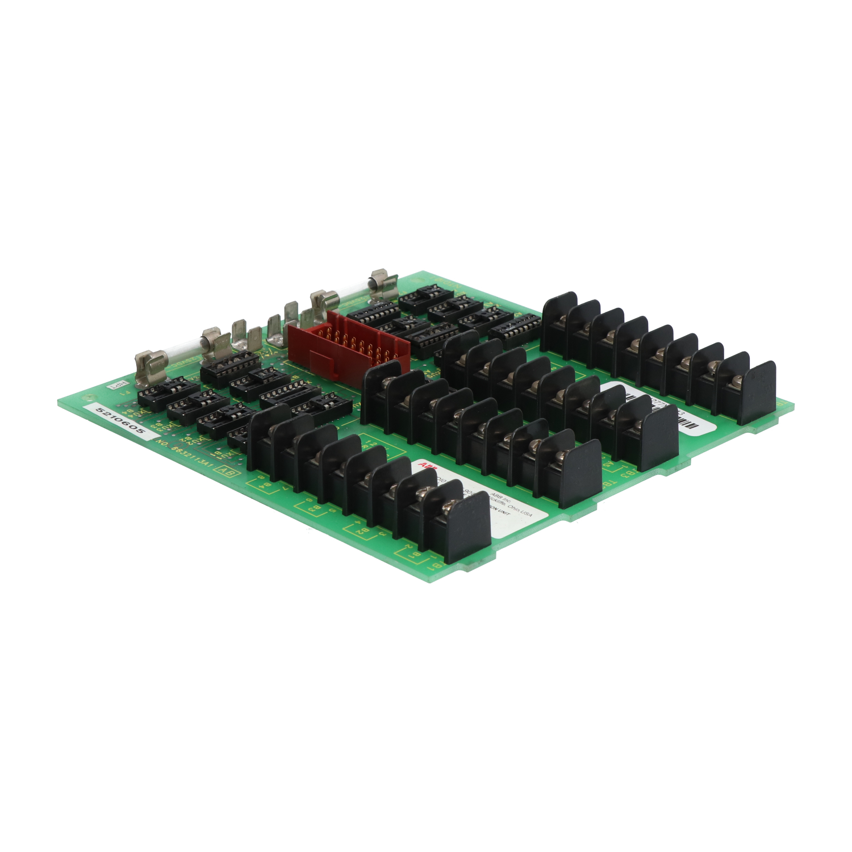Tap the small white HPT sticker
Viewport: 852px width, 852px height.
click(115, 386)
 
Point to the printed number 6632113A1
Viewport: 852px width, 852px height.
click(184, 454)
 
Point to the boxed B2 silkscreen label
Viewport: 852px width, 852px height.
click(361, 531)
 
